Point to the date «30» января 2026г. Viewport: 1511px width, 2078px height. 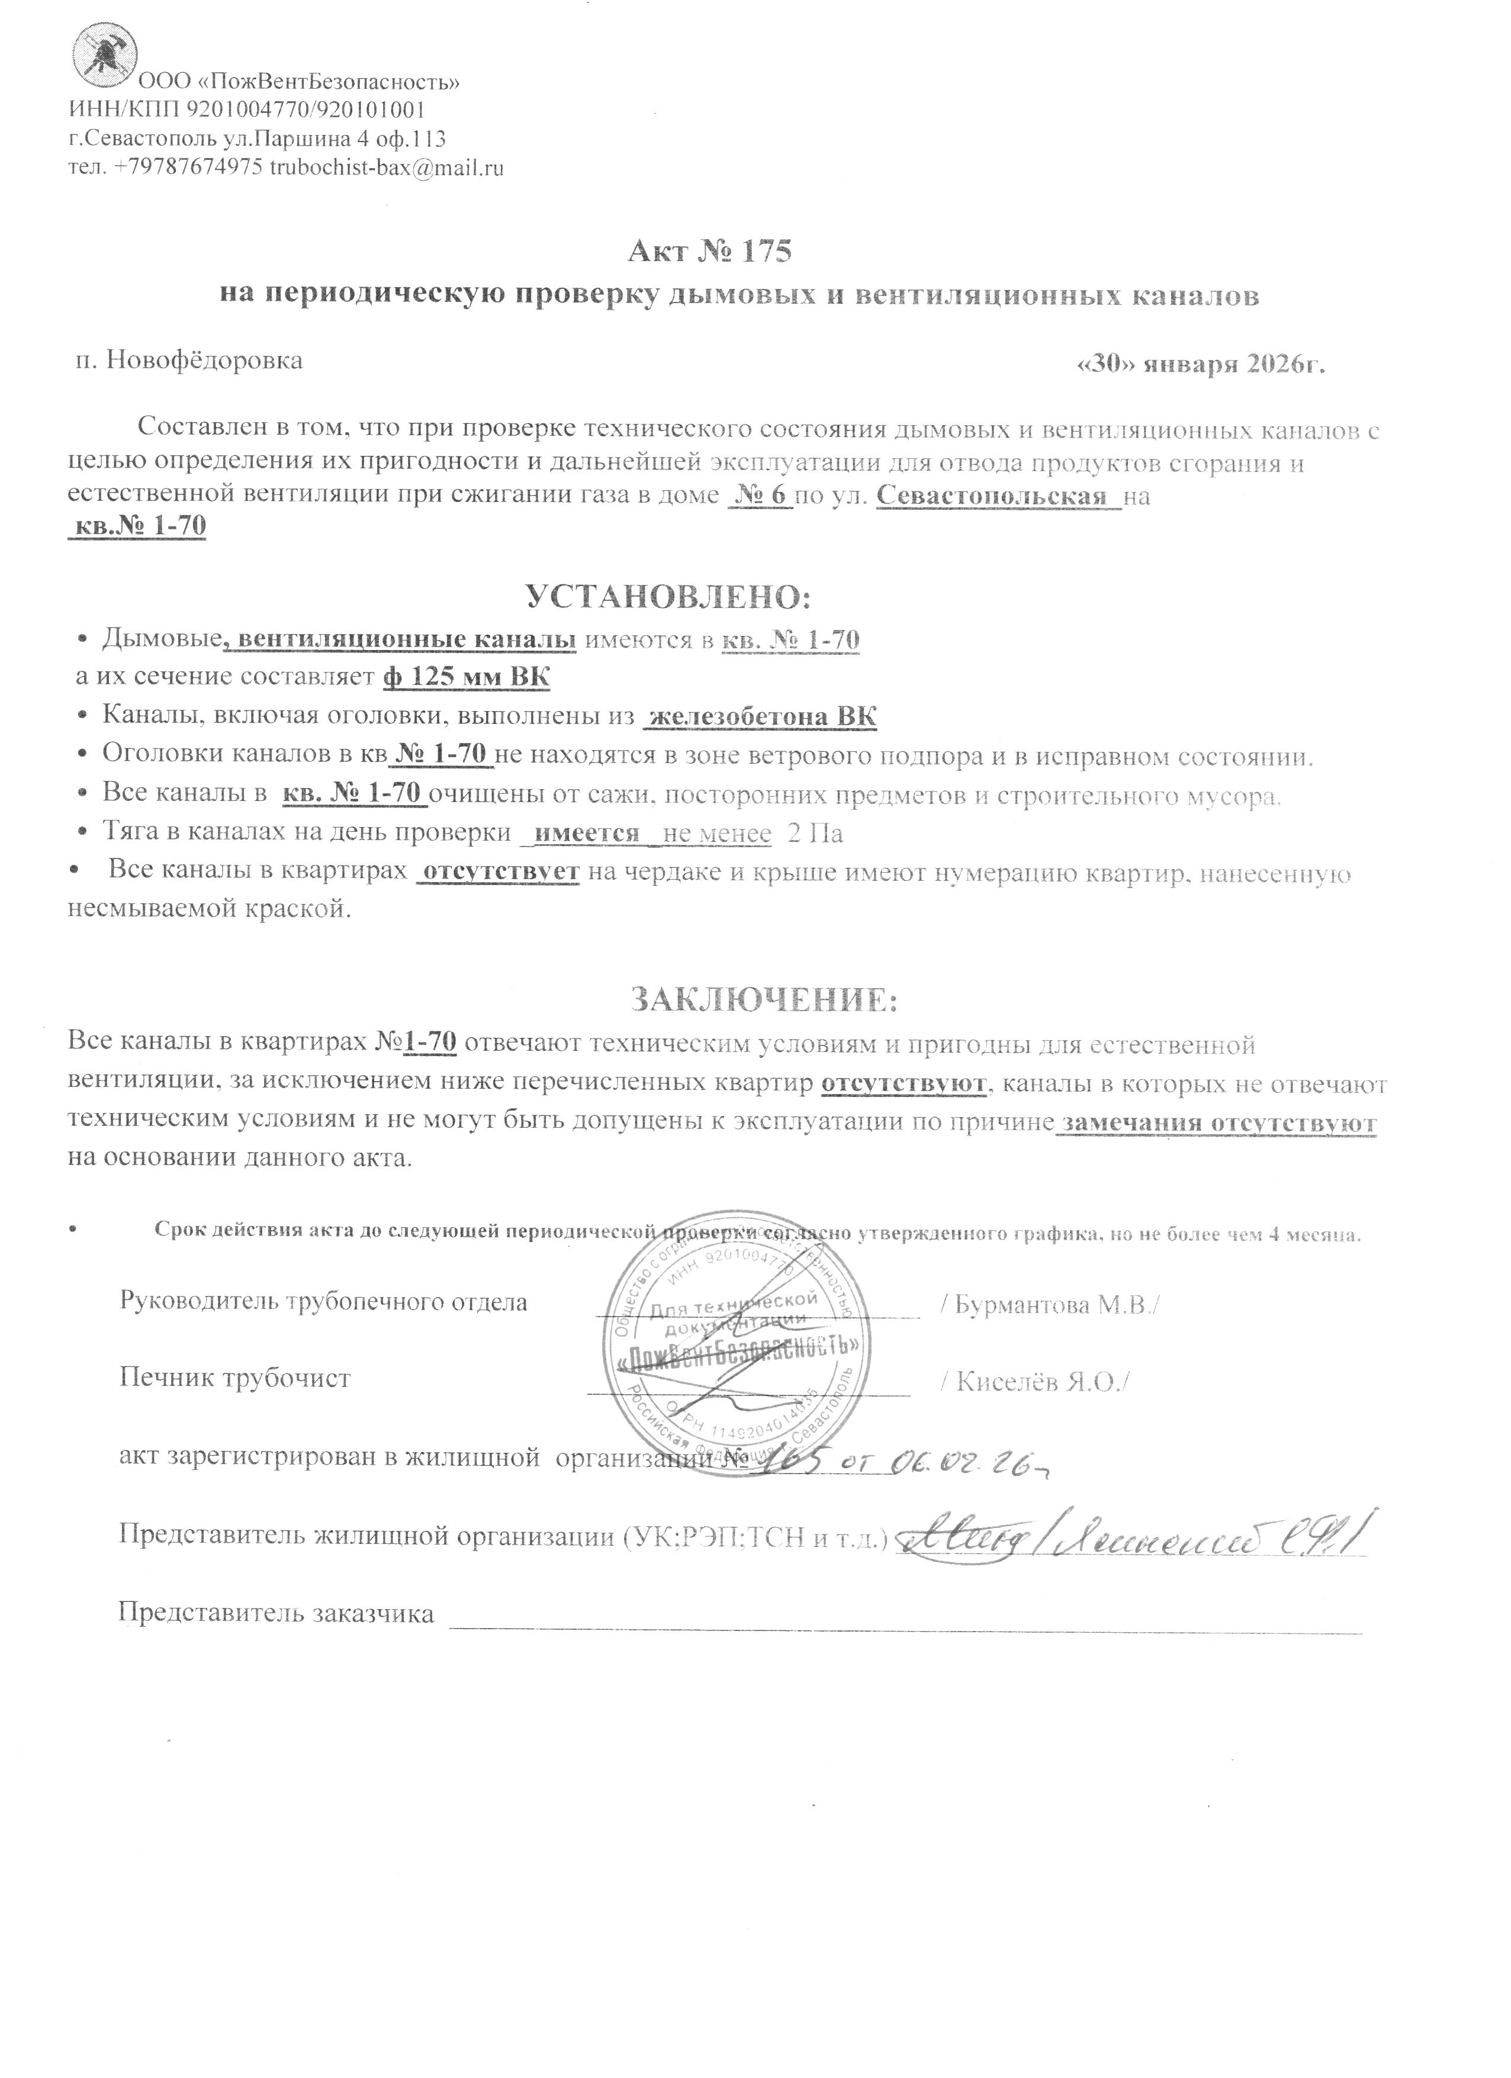point(1201,364)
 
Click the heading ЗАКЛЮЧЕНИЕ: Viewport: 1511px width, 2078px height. point(763,999)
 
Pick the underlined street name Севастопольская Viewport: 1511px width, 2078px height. point(997,497)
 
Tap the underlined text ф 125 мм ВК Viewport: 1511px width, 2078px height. point(465,678)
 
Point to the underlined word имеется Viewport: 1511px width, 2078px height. point(586,834)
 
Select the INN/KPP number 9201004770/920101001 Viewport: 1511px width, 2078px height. point(305,111)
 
